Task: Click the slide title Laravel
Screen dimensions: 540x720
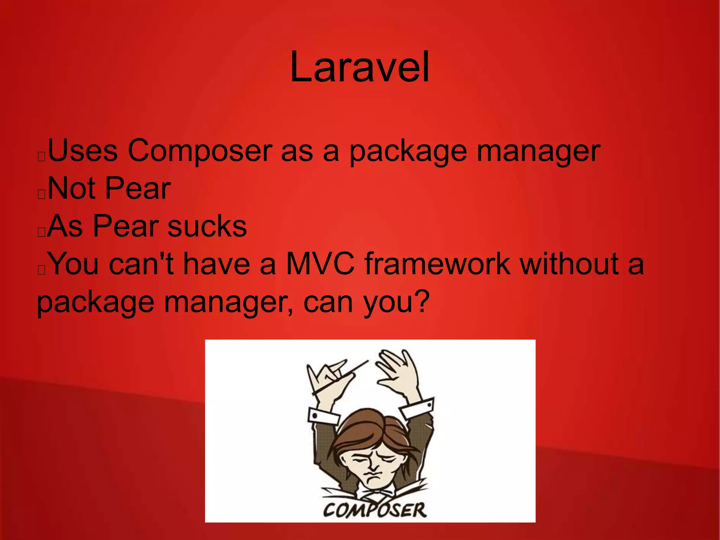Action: tap(360, 67)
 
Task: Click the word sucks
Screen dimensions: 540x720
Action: tap(207, 226)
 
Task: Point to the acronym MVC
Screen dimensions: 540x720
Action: tap(320, 264)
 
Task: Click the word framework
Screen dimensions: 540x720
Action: tap(437, 264)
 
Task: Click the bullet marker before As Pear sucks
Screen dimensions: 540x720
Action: tap(41, 232)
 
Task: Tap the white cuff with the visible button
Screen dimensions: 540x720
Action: tap(321, 416)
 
